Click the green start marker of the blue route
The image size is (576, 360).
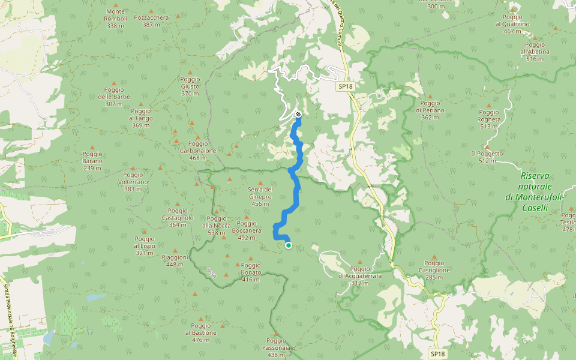point(289,245)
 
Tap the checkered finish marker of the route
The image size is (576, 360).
point(298,114)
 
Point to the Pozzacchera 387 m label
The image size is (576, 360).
point(151,21)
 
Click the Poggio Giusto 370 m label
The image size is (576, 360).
point(190,86)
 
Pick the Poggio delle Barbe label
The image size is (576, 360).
point(113,97)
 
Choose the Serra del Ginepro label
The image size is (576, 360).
point(260,193)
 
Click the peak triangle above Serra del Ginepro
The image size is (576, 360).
point(260,183)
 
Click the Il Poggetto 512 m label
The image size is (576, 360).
point(487,157)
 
